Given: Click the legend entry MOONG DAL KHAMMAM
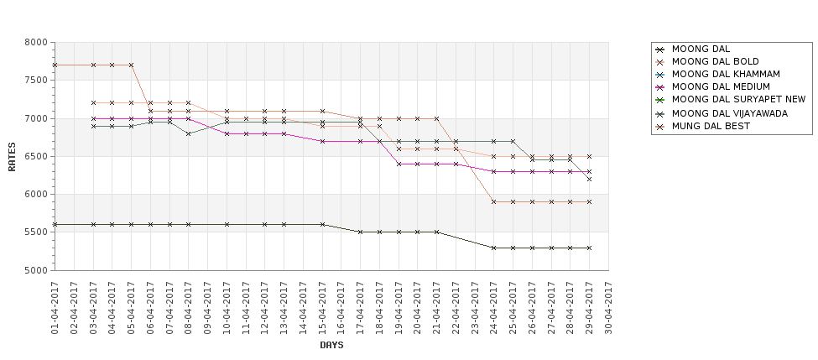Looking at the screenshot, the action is point(726,74).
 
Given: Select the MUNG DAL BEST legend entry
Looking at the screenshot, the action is point(711,126).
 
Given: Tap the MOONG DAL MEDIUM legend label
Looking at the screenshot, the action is point(721,86).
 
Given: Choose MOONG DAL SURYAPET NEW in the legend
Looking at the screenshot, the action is point(738,99).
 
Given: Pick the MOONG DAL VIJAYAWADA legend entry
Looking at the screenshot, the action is point(730,113).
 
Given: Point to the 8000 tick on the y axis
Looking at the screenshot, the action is point(36,42).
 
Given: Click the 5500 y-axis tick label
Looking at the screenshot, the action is point(36,232).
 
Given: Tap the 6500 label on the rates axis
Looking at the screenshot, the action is point(36,157).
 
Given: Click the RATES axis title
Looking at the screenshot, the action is point(12,157).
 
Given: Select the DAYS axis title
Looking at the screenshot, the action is point(331,345).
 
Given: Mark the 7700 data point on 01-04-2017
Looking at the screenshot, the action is point(55,65).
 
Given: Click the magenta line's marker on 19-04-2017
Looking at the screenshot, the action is point(399,164).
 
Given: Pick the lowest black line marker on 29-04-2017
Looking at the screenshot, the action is point(589,248).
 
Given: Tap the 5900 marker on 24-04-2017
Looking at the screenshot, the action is point(494,202).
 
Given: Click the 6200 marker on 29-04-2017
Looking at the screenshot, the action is point(589,179).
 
